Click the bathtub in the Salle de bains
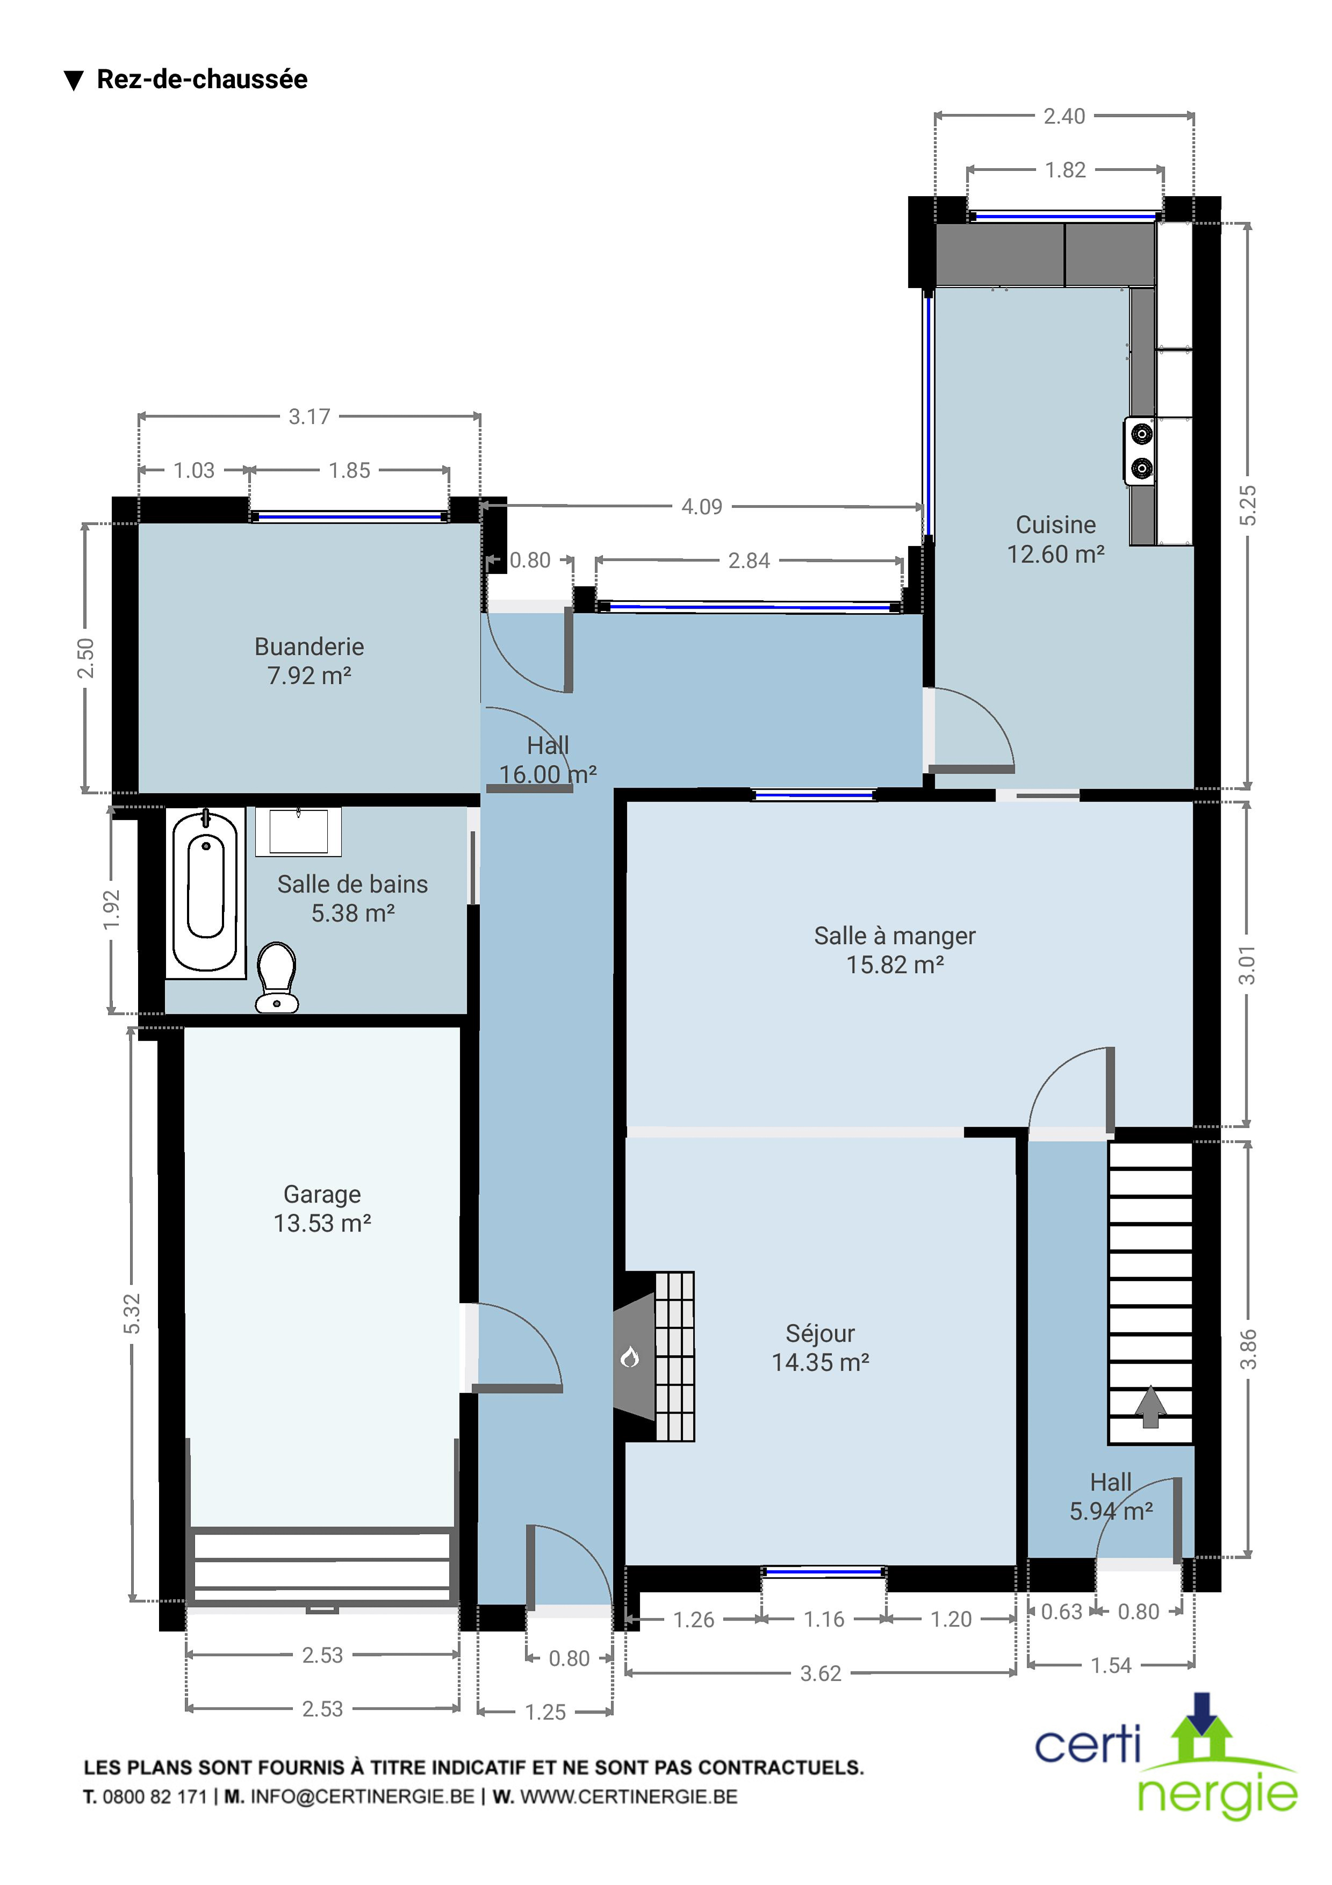[x=205, y=893]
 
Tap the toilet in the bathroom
[x=277, y=977]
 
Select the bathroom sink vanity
[x=298, y=832]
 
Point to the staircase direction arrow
[x=1150, y=1406]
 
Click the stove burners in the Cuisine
[x=1141, y=451]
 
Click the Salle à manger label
[x=895, y=936]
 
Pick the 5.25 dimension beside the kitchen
[x=1247, y=506]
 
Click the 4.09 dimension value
[x=702, y=507]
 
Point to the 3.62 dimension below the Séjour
[x=820, y=1673]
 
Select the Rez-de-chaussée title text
[x=202, y=79]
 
